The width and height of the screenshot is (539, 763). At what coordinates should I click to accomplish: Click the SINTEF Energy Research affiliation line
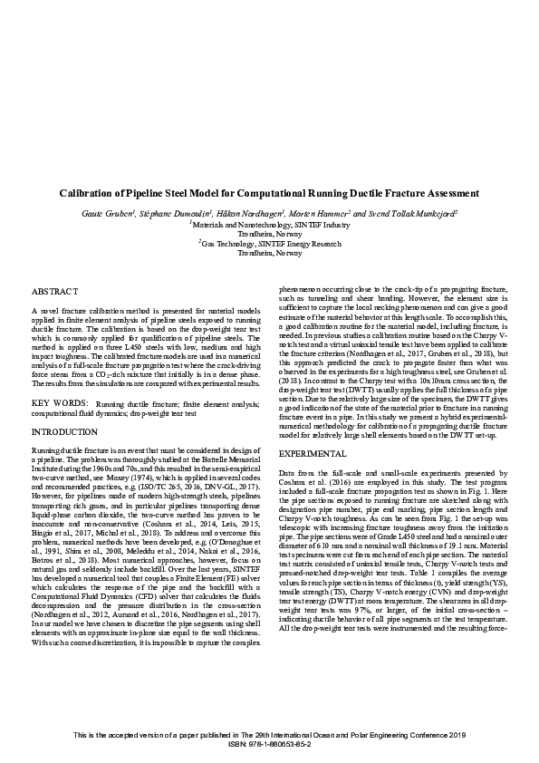pos(270,244)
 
